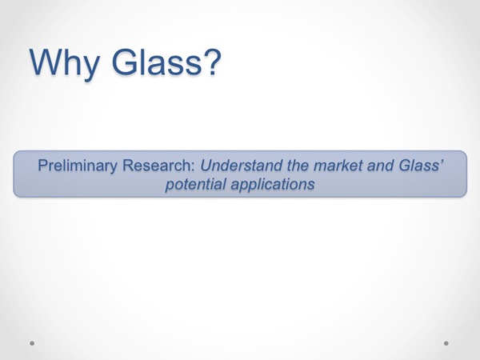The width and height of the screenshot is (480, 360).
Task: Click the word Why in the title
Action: (65, 62)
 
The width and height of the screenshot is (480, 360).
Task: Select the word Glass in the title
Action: (157, 62)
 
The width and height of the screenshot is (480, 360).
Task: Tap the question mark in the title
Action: (212, 62)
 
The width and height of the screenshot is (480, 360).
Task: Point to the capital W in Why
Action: (46, 62)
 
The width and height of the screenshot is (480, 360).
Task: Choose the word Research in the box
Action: (157, 166)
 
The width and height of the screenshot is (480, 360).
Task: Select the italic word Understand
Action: (242, 166)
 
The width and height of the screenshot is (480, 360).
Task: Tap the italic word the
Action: (298, 166)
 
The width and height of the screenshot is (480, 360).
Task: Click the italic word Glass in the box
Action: (418, 166)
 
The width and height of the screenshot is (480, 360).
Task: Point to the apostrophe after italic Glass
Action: (441, 162)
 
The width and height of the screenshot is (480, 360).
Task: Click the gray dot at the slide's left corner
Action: (32, 343)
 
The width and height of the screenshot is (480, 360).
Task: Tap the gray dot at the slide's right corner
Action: (446, 343)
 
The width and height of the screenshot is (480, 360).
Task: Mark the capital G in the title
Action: (124, 62)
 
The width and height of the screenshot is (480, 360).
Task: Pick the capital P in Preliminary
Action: (42, 166)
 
